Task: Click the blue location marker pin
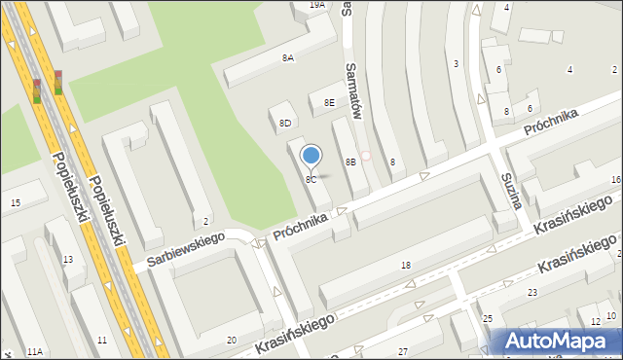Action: [311, 156]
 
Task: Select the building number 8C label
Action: [311, 180]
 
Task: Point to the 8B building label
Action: [350, 162]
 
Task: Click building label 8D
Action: [285, 124]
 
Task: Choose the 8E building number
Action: [329, 102]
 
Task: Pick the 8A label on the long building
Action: [288, 58]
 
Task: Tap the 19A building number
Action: [316, 5]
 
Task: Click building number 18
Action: [406, 265]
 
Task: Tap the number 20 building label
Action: [231, 339]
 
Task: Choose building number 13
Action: [67, 259]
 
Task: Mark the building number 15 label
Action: [15, 202]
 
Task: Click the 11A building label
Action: [35, 351]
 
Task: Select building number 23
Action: [532, 292]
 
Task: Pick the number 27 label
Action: [403, 350]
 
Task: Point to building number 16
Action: [615, 180]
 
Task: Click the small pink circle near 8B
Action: [366, 156]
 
